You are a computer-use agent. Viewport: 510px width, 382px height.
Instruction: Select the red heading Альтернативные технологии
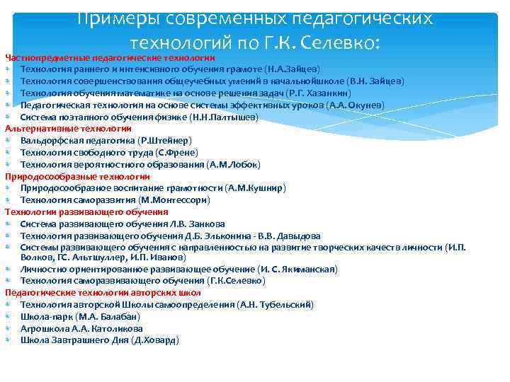coord(68,129)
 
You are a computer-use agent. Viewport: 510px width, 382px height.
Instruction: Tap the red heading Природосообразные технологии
coord(77,176)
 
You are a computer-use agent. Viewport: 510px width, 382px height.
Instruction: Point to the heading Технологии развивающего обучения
coord(86,212)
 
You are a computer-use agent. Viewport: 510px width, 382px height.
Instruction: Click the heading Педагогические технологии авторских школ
coord(103,292)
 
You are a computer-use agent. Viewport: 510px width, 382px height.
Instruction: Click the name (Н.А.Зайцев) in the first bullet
coord(292,69)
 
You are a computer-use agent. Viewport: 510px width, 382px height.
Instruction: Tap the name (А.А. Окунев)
coord(356,105)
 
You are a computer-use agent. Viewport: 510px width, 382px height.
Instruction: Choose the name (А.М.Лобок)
coord(234,164)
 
